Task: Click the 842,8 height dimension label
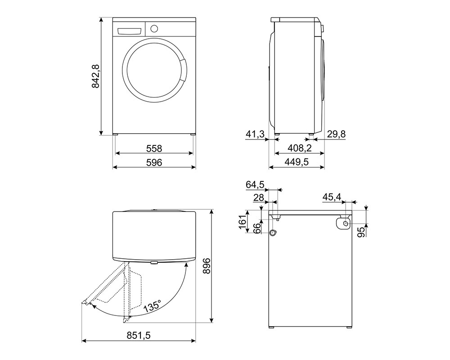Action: click(x=95, y=76)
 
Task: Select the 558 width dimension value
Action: click(x=154, y=148)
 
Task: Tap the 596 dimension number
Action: click(x=154, y=162)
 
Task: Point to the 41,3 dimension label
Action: click(x=256, y=134)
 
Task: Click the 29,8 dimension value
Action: click(x=336, y=134)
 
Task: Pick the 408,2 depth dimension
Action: click(x=300, y=148)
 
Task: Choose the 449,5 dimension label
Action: click(x=297, y=162)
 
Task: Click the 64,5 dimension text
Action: click(x=255, y=184)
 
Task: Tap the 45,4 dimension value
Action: click(x=332, y=197)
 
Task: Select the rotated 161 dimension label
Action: click(x=243, y=221)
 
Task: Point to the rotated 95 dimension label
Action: click(x=363, y=231)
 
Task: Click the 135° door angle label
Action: click(x=152, y=306)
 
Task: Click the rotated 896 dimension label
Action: click(x=207, y=265)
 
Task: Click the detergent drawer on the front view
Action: click(x=130, y=31)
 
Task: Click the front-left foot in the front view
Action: click(x=115, y=134)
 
